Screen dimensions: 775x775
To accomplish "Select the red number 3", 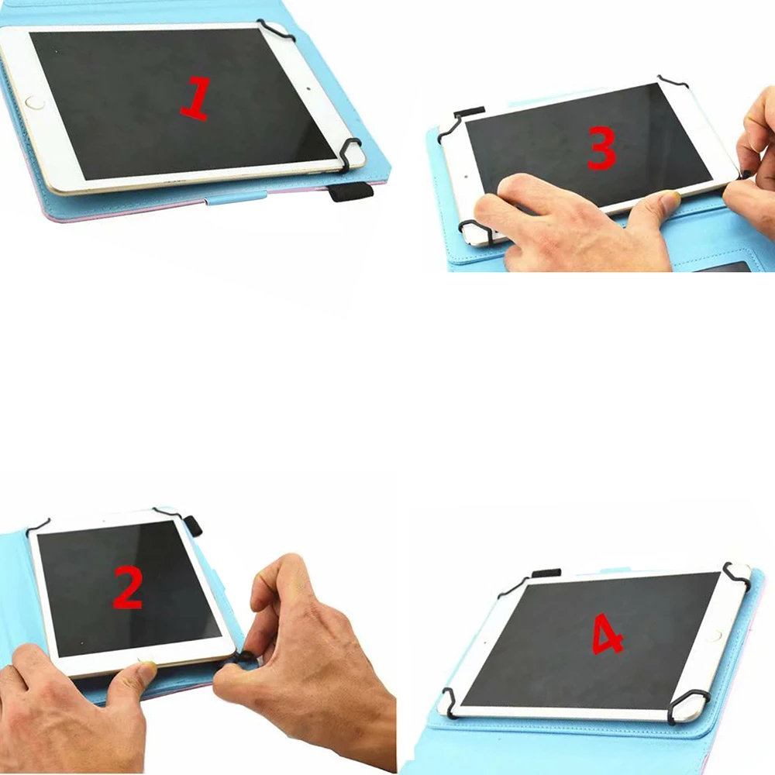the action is tap(601, 148).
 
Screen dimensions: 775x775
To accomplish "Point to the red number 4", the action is tap(608, 634).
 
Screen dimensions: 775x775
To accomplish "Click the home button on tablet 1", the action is tap(34, 104).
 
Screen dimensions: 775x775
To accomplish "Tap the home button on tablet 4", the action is tap(714, 636).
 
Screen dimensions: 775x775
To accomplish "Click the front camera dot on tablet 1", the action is tap(308, 90).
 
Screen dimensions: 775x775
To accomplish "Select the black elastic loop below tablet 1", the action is tap(351, 191).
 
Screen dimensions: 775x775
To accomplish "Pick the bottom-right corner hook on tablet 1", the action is tap(350, 151).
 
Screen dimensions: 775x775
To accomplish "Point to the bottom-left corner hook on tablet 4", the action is tap(448, 702).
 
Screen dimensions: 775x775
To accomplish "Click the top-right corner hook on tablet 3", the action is tap(672, 81).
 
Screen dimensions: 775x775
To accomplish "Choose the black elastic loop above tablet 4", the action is tap(546, 573).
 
